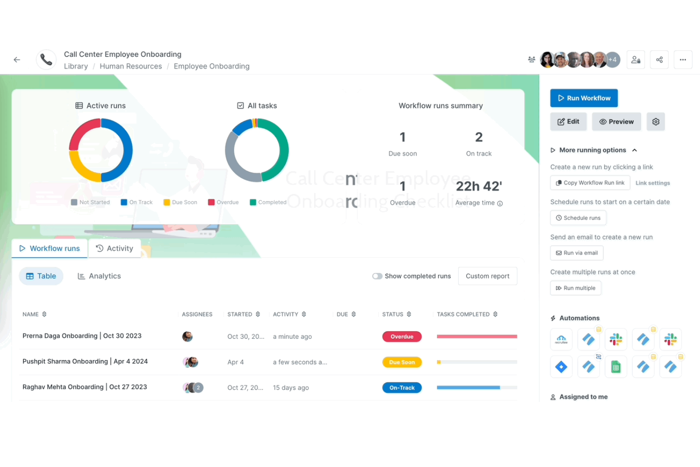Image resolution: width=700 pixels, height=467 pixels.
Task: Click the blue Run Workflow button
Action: [x=584, y=98]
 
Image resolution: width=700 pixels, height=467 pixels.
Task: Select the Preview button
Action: [x=616, y=122]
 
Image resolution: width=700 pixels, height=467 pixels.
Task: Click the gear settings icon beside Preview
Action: [x=656, y=122]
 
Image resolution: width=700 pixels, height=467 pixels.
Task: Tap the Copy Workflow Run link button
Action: [x=590, y=183]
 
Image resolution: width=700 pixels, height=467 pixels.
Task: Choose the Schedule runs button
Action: [x=578, y=218]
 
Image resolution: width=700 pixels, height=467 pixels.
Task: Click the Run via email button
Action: [x=577, y=253]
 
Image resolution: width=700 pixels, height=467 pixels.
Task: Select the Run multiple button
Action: [x=576, y=288]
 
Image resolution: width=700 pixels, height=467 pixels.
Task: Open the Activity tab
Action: [x=114, y=248]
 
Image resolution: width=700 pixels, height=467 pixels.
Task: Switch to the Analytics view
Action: [x=99, y=276]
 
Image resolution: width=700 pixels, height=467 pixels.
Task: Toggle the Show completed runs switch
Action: [x=377, y=276]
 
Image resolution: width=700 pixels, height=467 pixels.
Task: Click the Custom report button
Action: [x=487, y=276]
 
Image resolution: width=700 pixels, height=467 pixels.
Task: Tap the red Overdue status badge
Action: [x=402, y=336]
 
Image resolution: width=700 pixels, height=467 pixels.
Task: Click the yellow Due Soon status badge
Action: [x=402, y=362]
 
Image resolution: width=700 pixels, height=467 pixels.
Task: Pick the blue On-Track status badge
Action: [x=402, y=388]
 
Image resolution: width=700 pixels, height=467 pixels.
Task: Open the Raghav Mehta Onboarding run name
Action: [x=85, y=387]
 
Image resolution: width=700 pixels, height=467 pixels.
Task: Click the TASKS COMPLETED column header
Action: [x=463, y=314]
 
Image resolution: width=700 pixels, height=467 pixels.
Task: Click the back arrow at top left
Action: [x=17, y=60]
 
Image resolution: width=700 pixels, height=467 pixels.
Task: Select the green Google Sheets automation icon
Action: [x=615, y=367]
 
